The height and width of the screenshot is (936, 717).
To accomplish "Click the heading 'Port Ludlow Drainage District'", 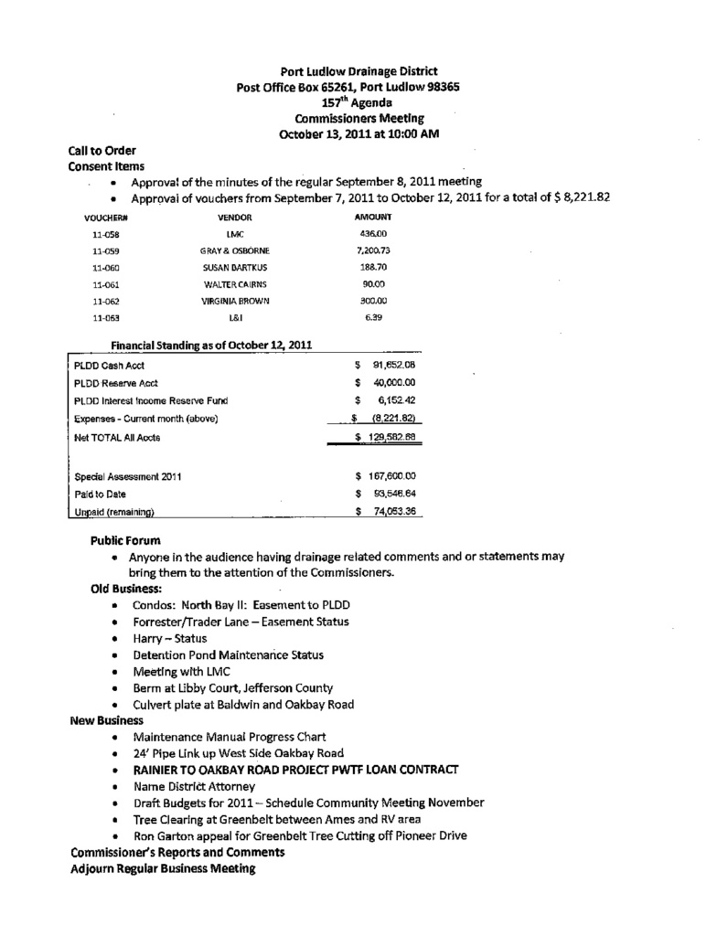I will (x=358, y=71).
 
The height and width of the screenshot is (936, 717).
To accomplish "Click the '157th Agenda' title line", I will (x=358, y=102).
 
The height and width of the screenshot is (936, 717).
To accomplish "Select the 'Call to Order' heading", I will (x=102, y=151).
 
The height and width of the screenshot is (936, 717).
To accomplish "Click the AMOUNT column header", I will (x=372, y=217).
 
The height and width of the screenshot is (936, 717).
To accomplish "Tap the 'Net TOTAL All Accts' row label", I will (x=117, y=438).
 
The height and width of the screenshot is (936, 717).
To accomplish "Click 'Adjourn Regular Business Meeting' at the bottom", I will (x=163, y=868).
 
